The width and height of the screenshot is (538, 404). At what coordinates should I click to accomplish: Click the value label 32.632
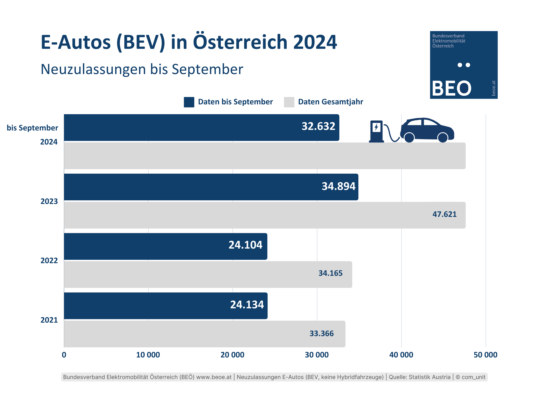pyautogui.click(x=318, y=127)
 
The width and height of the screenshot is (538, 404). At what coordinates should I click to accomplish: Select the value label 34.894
pyautogui.click(x=338, y=186)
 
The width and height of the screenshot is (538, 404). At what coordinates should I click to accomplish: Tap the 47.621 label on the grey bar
pyautogui.click(x=444, y=214)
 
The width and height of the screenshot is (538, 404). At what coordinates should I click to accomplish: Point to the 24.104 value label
pyautogui.click(x=245, y=245)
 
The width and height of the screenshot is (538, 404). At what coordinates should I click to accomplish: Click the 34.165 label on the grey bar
pyautogui.click(x=330, y=273)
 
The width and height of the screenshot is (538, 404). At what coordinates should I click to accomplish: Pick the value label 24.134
pyautogui.click(x=247, y=305)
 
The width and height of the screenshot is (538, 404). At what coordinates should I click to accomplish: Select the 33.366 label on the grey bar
pyautogui.click(x=321, y=334)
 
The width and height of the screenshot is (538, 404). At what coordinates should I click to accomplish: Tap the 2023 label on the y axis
pyautogui.click(x=49, y=201)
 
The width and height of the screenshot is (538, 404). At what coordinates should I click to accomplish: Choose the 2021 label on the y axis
pyautogui.click(x=49, y=320)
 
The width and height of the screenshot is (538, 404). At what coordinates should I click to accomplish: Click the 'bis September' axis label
pyautogui.click(x=33, y=128)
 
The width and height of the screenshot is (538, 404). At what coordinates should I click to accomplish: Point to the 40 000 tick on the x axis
pyautogui.click(x=401, y=355)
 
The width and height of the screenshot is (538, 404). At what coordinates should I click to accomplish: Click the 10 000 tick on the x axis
pyautogui.click(x=148, y=355)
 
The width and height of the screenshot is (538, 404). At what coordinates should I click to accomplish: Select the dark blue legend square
pyautogui.click(x=189, y=102)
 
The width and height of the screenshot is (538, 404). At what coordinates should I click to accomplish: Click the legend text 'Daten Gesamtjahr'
pyautogui.click(x=330, y=102)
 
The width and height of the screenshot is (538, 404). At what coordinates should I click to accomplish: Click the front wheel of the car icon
pyautogui.click(x=442, y=137)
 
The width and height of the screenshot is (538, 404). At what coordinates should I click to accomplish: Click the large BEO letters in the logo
pyautogui.click(x=451, y=89)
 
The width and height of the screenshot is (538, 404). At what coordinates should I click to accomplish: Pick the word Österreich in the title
pyautogui.click(x=240, y=42)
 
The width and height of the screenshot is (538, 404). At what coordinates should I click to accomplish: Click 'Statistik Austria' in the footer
pyautogui.click(x=429, y=377)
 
